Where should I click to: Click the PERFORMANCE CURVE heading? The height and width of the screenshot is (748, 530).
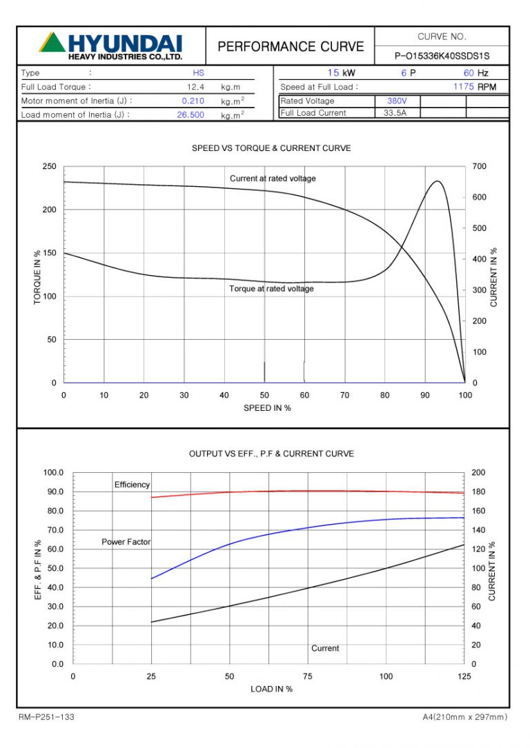pyautogui.click(x=291, y=46)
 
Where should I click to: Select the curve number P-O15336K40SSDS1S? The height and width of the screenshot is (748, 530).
pyautogui.click(x=442, y=56)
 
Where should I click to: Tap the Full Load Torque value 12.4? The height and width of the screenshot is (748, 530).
pyautogui.click(x=195, y=88)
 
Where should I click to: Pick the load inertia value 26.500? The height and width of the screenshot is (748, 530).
pyautogui.click(x=190, y=115)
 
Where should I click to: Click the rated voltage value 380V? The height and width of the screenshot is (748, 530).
pyautogui.click(x=397, y=101)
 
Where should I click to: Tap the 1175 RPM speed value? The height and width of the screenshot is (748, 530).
pyautogui.click(x=464, y=87)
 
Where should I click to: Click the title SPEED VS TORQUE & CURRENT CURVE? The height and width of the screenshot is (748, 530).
pyautogui.click(x=271, y=148)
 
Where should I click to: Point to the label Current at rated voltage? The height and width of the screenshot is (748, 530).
pyautogui.click(x=273, y=179)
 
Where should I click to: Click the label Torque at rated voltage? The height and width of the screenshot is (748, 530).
pyautogui.click(x=271, y=289)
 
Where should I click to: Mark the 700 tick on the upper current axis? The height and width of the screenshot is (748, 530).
pyautogui.click(x=480, y=167)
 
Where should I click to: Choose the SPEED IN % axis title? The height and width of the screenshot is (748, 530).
pyautogui.click(x=267, y=408)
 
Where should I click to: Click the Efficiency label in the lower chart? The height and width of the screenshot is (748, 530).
pyautogui.click(x=132, y=485)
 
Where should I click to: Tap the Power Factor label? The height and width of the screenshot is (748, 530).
pyautogui.click(x=126, y=542)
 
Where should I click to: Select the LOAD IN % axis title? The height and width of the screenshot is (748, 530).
pyautogui.click(x=271, y=689)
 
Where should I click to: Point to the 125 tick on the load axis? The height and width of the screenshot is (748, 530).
pyautogui.click(x=464, y=676)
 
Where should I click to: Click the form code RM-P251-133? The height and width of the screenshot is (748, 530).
pyautogui.click(x=46, y=718)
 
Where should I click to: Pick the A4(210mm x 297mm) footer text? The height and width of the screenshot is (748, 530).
pyautogui.click(x=464, y=718)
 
